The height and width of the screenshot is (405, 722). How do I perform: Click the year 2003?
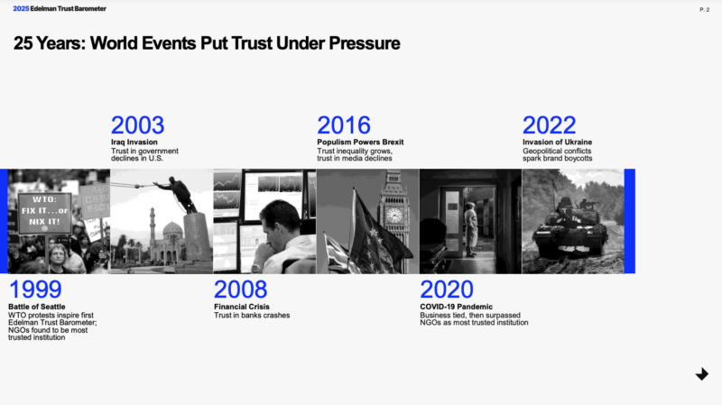coord(138,125)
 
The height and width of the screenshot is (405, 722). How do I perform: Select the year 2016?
coord(344,125)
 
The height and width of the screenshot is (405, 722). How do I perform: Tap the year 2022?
coord(549,125)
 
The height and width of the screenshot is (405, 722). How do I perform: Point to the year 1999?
coord(35,290)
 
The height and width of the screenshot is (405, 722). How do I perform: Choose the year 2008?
coord(240,290)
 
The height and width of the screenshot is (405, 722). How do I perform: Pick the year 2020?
coord(446,290)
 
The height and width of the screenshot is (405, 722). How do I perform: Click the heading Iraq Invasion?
coord(134,143)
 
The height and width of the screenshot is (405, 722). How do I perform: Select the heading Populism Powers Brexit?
coord(360,143)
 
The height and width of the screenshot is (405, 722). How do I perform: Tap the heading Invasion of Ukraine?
coord(557,143)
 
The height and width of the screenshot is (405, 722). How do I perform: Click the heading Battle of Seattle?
coord(37,307)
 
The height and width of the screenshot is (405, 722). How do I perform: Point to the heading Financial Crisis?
coord(242,307)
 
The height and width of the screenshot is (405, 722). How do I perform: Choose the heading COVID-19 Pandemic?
coord(457,307)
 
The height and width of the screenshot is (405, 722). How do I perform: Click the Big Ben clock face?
coord(394,215)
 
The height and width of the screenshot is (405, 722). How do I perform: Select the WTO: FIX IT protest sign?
coord(44,213)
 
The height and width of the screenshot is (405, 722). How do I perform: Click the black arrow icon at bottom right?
coord(702,374)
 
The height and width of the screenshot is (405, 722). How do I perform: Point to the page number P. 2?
coord(705,10)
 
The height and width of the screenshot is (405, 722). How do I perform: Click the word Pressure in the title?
coord(365,43)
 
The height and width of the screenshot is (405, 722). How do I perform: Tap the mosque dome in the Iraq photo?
coord(172,228)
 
